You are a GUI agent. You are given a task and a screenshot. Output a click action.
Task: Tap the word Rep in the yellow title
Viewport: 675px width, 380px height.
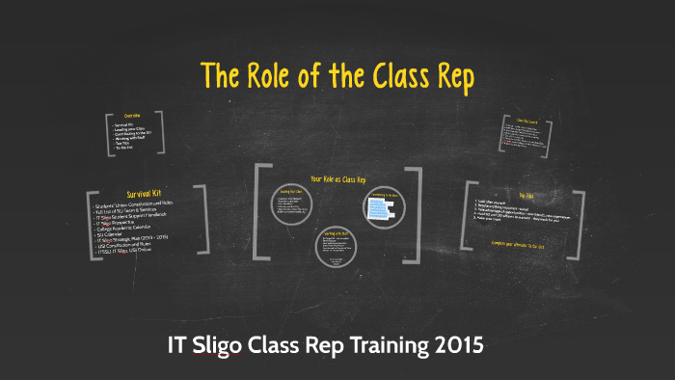(x=448, y=77)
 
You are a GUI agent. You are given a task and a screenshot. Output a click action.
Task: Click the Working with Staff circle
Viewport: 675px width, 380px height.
(x=334, y=246)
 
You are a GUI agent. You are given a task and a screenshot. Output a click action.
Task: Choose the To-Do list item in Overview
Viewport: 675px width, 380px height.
(x=125, y=149)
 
